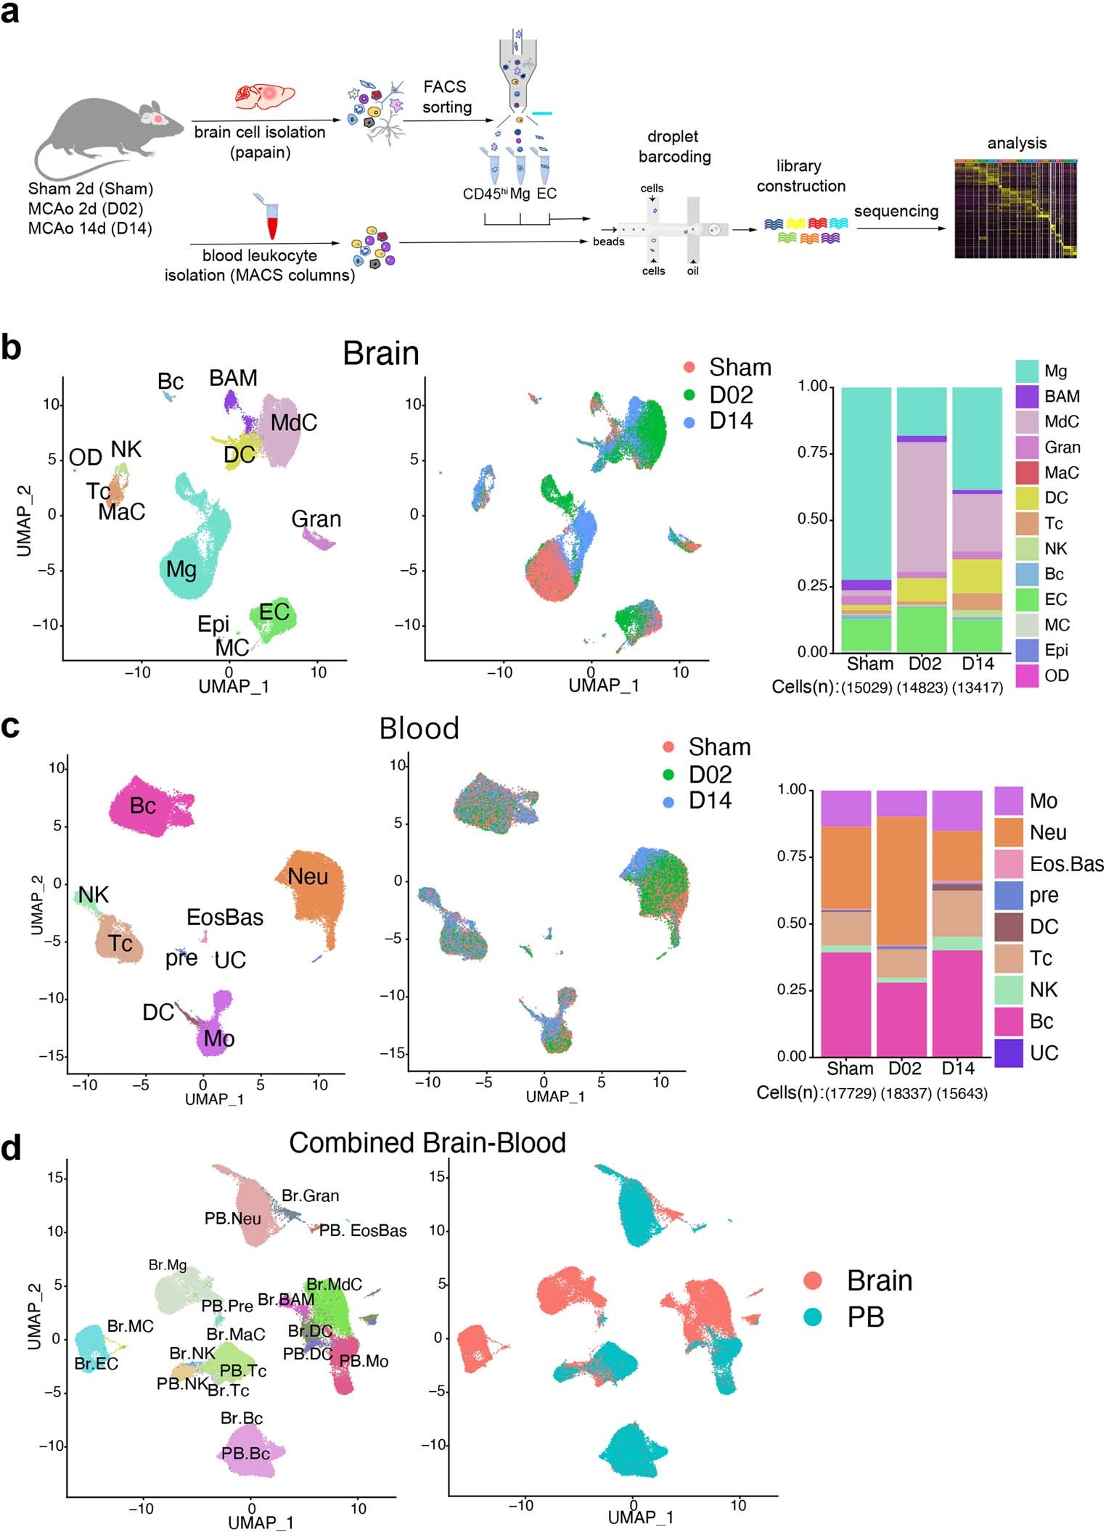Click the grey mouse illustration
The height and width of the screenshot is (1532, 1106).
[x=102, y=134]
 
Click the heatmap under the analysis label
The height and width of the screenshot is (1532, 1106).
[x=1015, y=209]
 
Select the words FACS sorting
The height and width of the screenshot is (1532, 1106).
[x=446, y=97]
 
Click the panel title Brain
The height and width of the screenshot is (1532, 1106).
[x=381, y=354]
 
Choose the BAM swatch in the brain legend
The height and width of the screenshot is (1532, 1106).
[x=1026, y=397]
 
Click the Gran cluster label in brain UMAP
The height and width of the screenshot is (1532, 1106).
[x=316, y=519]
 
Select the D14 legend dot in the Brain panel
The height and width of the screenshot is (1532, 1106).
[x=689, y=422]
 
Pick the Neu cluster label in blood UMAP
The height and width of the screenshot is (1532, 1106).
[x=308, y=877]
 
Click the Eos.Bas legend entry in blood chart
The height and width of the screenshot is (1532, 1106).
[x=1065, y=864]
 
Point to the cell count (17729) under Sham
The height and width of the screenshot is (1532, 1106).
[x=850, y=1093]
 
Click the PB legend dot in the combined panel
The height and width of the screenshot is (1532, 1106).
[x=813, y=1317]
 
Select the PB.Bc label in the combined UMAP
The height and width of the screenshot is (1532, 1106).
[x=245, y=1454]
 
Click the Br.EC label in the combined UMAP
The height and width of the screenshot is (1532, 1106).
[x=96, y=1364]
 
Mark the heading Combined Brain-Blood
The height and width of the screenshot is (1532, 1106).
[x=427, y=1143]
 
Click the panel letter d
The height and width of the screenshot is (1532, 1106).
[x=12, y=1148]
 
